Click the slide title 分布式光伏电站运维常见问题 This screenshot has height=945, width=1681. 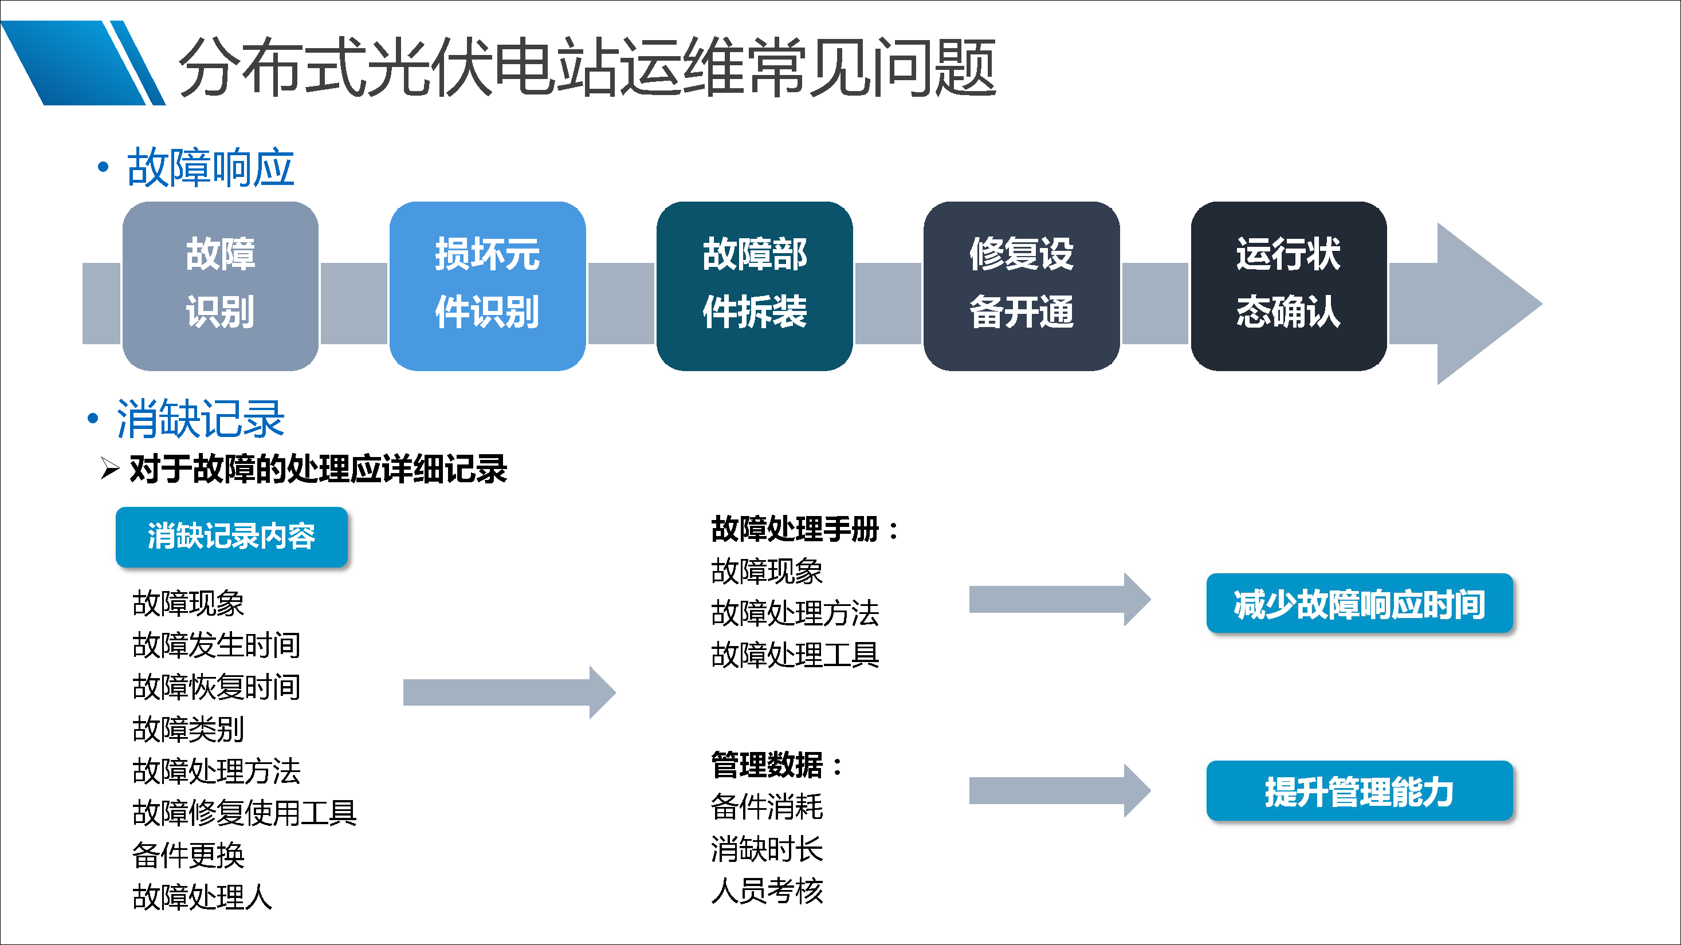tap(587, 67)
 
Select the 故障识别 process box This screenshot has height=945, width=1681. tap(221, 286)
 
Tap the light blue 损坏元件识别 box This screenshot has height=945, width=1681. tap(488, 286)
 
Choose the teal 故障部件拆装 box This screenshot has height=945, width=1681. tap(755, 286)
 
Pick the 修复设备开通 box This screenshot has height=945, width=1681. tap(1021, 286)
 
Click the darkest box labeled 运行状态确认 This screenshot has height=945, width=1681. tap(1288, 286)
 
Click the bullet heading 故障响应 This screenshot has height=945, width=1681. tap(210, 168)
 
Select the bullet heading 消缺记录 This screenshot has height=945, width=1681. tap(201, 419)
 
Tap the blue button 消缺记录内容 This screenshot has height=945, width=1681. tap(231, 536)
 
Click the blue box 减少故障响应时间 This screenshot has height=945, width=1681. tap(1358, 603)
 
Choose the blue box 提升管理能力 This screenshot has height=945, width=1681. tap(1358, 790)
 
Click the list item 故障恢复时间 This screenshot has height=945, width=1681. tap(216, 687)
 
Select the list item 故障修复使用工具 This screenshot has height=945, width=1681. tap(244, 813)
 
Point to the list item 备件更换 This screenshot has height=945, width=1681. tap(188, 855)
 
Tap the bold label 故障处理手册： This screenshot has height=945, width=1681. tap(804, 529)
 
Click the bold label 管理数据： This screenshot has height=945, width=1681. tap(776, 765)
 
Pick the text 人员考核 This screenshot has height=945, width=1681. tap(767, 891)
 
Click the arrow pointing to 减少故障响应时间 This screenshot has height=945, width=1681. tap(1058, 599)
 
